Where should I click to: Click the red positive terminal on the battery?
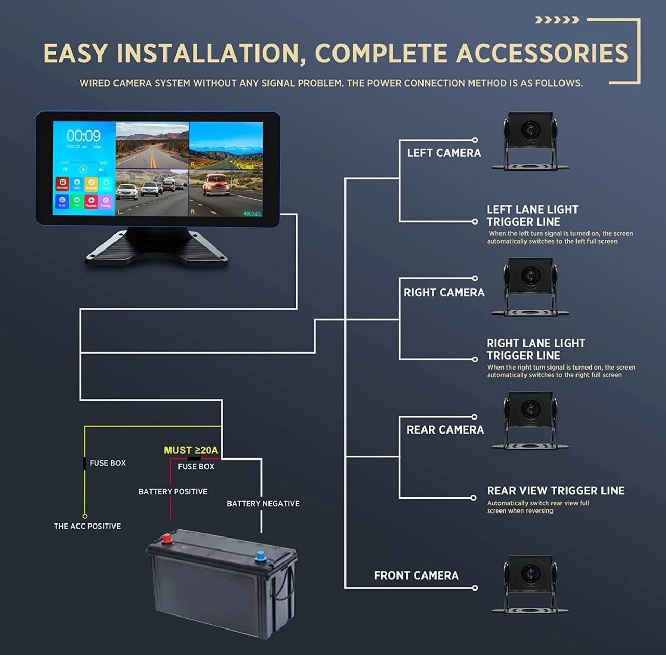(168, 539)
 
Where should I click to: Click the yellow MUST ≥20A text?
(190, 450)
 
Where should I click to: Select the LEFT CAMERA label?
(444, 153)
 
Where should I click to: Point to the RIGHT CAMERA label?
(444, 292)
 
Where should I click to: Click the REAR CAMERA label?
(445, 430)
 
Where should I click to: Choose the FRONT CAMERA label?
(416, 575)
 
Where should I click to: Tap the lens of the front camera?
(530, 573)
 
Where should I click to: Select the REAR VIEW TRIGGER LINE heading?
(555, 491)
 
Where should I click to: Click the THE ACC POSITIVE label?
(87, 526)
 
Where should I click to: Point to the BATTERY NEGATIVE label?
(263, 503)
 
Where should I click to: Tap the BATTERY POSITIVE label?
(173, 491)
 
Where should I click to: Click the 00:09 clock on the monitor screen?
(83, 136)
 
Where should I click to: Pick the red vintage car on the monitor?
(215, 186)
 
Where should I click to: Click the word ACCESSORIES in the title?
(542, 53)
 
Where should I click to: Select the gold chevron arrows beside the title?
(557, 20)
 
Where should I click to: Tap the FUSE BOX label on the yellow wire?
(108, 463)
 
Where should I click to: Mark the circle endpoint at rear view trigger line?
(473, 497)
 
